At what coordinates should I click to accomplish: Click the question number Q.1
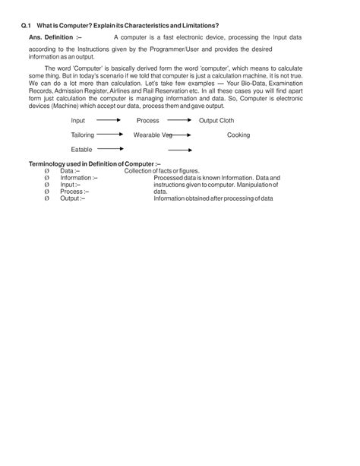click(26, 27)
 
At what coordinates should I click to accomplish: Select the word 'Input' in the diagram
click(78, 120)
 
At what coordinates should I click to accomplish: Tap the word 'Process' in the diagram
click(147, 120)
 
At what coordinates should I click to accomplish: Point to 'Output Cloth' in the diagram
click(217, 120)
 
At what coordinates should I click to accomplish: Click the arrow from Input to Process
click(110, 120)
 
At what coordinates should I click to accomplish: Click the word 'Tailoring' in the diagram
click(83, 135)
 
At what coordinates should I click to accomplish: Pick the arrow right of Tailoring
click(110, 135)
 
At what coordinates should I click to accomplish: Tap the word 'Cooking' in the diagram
click(238, 135)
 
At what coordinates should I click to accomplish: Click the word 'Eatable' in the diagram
click(81, 149)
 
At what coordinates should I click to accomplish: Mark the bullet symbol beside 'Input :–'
click(47, 185)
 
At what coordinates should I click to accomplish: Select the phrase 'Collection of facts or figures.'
click(162, 171)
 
